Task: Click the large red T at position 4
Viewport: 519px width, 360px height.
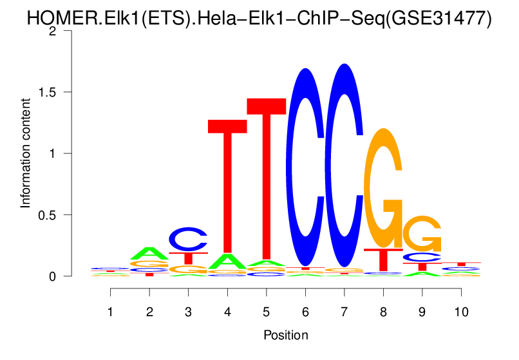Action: coord(227,187)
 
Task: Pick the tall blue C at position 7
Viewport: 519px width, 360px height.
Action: coord(344,166)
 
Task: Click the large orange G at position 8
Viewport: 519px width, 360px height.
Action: coord(384,188)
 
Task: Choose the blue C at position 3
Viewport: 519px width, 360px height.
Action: coord(189,239)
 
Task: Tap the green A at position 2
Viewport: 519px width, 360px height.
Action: coord(149,253)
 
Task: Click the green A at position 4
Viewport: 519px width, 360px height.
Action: coord(227,261)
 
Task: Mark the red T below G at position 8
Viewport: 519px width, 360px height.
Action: coord(383,260)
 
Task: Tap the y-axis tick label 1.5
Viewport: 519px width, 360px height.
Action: coord(53,92)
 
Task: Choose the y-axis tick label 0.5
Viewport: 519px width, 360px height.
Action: coord(53,214)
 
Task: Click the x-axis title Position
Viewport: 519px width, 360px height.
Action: coord(286,336)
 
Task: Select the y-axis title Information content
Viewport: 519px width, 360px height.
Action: coord(26,153)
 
